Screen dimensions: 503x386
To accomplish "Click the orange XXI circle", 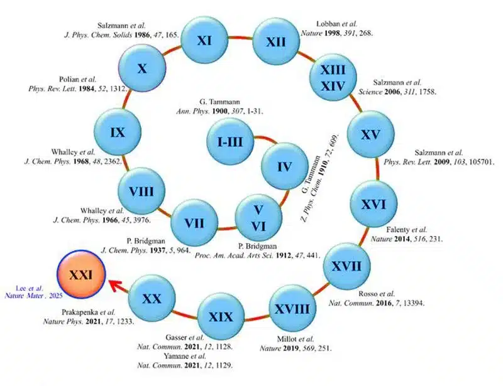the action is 81,274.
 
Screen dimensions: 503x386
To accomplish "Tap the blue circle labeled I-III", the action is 230,141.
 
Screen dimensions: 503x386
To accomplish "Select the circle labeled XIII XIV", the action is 333,78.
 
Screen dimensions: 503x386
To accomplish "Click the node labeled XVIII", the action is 292,308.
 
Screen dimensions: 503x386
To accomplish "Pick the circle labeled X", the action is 143,68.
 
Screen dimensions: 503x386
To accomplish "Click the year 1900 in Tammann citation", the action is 219,112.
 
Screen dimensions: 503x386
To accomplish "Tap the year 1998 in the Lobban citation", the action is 333,33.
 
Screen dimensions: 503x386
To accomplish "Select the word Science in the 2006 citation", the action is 370,92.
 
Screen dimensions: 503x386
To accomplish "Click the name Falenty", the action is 398,230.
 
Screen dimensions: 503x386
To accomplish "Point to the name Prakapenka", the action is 79,312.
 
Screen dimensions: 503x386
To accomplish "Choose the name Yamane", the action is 176,356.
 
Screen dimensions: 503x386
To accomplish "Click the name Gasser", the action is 176,337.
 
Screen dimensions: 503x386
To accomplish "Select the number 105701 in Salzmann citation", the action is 481,162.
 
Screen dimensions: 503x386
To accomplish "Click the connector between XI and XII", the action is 240,38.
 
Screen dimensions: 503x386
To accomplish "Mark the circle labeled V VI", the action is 258,218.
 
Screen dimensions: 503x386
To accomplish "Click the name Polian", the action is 69,79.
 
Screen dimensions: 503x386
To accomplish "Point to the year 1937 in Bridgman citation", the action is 158,250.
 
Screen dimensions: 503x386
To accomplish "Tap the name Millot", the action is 286,339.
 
